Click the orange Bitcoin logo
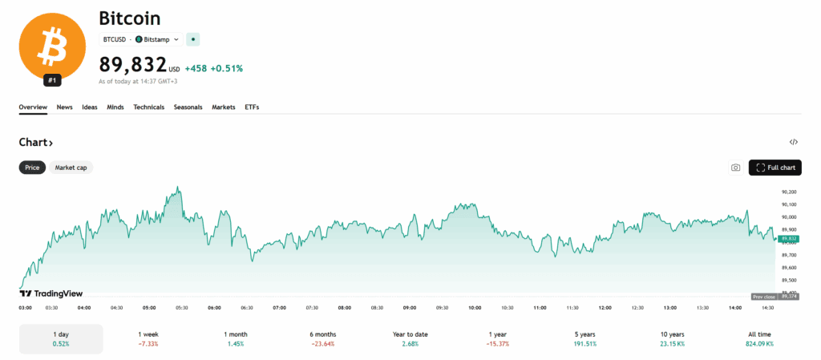click(x=52, y=47)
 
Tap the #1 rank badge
click(x=52, y=81)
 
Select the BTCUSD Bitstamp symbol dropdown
click(x=141, y=39)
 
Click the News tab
click(x=64, y=107)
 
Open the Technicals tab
click(x=148, y=107)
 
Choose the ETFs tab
click(x=252, y=107)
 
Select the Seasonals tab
click(x=188, y=107)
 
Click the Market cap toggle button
click(x=71, y=168)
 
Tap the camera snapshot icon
click(x=736, y=168)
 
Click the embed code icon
click(x=794, y=142)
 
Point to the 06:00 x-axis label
click(x=214, y=308)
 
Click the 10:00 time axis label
click(x=475, y=308)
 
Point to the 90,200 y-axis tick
click(x=788, y=192)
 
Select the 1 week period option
click(x=148, y=338)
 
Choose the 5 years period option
click(x=584, y=338)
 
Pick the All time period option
click(x=759, y=338)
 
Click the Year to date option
click(x=410, y=338)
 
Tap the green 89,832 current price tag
click(x=788, y=239)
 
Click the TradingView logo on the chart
click(x=51, y=293)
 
